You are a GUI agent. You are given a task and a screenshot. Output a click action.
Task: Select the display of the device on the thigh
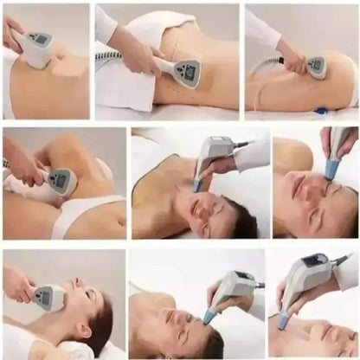[x=316, y=63]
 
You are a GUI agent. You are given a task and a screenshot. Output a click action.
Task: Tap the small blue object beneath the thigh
[x=322, y=111]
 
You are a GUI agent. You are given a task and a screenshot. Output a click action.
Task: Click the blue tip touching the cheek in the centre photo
[x=198, y=185]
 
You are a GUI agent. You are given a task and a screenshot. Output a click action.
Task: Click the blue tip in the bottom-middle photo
[x=209, y=317]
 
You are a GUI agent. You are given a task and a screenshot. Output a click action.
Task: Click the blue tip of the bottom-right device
[x=283, y=321]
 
